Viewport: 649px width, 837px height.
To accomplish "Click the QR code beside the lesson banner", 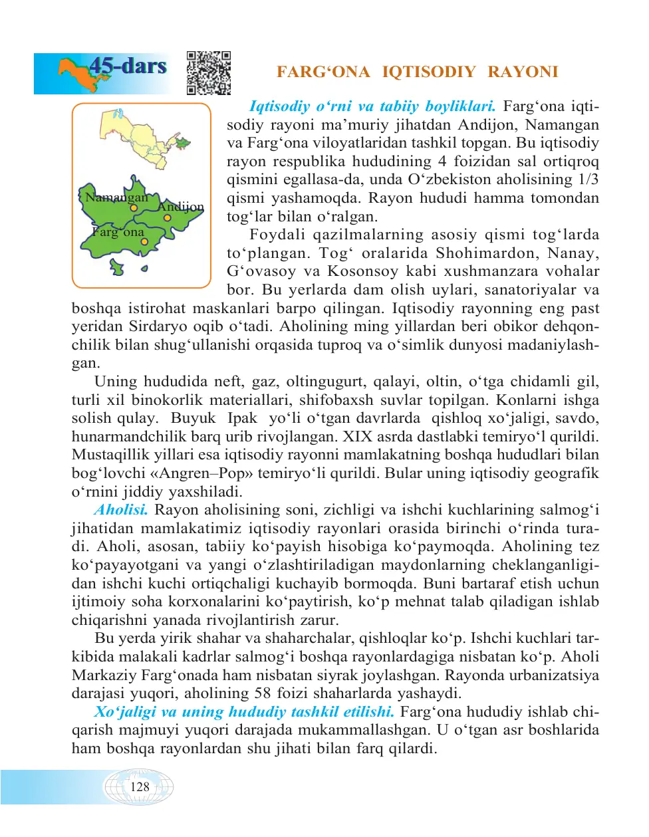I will [x=208, y=72].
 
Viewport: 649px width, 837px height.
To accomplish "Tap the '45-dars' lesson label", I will [x=128, y=66].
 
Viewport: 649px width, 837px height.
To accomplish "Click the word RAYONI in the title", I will [x=523, y=72].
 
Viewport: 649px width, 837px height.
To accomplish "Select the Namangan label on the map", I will [x=116, y=197].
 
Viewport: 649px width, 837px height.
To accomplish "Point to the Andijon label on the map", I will [x=180, y=207].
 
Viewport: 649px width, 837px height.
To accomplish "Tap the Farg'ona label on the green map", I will [x=118, y=232].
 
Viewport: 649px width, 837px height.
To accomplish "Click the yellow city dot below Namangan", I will [x=134, y=208].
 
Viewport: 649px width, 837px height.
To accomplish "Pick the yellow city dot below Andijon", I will [x=168, y=217].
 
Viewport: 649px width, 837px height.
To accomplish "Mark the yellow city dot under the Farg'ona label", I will [x=144, y=242].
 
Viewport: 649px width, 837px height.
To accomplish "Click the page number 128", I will [x=140, y=787].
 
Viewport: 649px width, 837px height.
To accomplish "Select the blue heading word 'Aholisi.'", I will [x=120, y=510].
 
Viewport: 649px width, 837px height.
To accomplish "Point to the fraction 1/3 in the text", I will [x=588, y=179].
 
